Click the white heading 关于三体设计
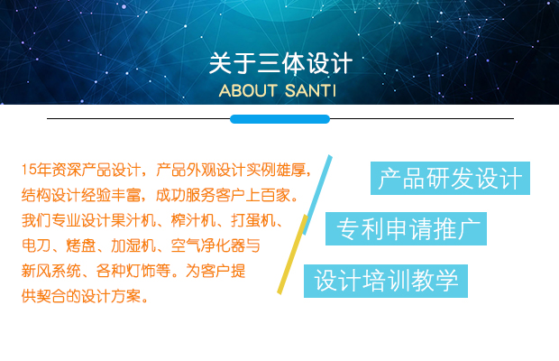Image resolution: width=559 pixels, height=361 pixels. (x=280, y=63)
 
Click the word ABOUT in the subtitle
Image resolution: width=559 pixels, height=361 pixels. (x=248, y=90)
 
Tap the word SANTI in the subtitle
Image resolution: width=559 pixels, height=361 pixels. (x=310, y=90)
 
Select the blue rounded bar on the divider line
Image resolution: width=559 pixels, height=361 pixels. (x=279, y=119)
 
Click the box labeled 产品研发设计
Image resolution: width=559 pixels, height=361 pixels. (x=450, y=178)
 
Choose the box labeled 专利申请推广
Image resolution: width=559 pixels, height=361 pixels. (x=406, y=228)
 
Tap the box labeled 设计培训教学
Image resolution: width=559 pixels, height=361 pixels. (x=386, y=281)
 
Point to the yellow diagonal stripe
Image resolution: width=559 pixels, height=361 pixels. (x=292, y=255)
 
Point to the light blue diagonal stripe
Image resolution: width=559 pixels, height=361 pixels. (x=317, y=195)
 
